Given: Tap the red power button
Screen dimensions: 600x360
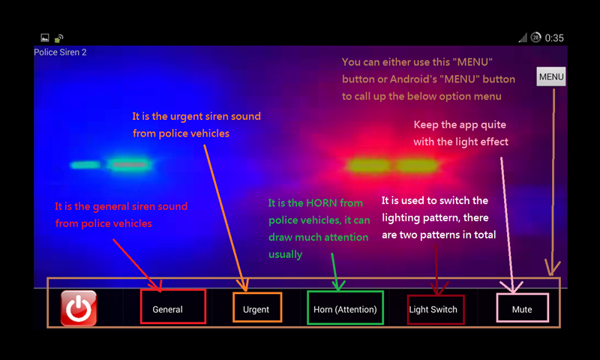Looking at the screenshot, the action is pyautogui.click(x=79, y=308).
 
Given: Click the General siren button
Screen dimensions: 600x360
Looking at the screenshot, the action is pyautogui.click(x=173, y=307).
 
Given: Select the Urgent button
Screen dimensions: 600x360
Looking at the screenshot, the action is pyautogui.click(x=257, y=307).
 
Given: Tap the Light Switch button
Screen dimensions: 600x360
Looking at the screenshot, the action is pyautogui.click(x=436, y=310).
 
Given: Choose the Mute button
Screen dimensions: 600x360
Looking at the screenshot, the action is pyautogui.click(x=522, y=307).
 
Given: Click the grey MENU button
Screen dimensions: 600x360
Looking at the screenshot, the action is pyautogui.click(x=551, y=76).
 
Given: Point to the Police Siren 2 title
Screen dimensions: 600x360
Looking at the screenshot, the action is pyautogui.click(x=60, y=52).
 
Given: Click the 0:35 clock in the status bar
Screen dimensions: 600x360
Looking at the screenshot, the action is pyautogui.click(x=554, y=37).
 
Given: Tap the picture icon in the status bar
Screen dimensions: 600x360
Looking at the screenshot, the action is pyautogui.click(x=45, y=37).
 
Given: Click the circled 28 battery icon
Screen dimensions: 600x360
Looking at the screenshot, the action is pyautogui.click(x=535, y=37).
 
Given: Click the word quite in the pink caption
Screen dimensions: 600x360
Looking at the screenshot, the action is pyautogui.click(x=494, y=125).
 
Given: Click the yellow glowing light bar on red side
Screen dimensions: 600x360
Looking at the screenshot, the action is pyautogui.click(x=392, y=166).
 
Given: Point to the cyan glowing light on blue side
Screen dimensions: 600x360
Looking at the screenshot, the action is pyautogui.click(x=111, y=164).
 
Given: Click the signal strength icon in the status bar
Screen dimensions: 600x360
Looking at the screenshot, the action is pyautogui.click(x=523, y=37).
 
